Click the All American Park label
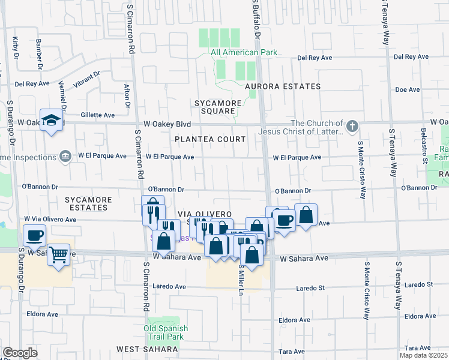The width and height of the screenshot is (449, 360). point(244,53)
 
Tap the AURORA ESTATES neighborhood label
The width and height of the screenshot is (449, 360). point(283,86)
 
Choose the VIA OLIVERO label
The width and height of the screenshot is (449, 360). point(205,214)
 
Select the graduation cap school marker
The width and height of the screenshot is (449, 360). point(52,118)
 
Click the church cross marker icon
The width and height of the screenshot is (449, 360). point(352,127)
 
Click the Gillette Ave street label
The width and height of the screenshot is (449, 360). point(97,115)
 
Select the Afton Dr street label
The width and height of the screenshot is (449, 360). point(127,95)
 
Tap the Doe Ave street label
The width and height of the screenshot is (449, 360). point(408,89)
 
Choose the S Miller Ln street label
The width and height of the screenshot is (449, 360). point(241,280)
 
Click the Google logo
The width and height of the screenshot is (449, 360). point(20,353)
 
